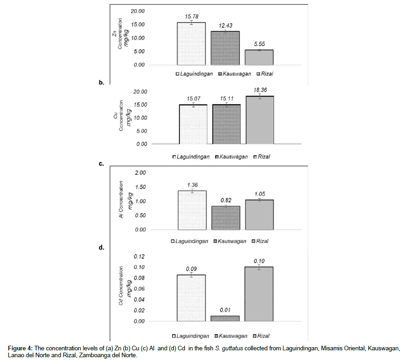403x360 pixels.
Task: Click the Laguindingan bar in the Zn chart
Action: [x=191, y=44]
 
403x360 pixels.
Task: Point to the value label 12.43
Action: [x=226, y=25]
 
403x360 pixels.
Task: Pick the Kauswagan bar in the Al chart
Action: [x=226, y=218]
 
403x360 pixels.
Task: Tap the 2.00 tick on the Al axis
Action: [x=139, y=173]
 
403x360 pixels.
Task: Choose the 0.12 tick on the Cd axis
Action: [x=140, y=256]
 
